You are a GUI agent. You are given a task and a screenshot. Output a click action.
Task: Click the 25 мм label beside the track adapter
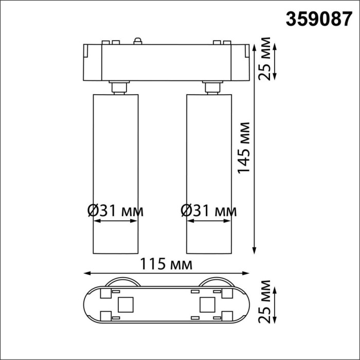click(x=265, y=61)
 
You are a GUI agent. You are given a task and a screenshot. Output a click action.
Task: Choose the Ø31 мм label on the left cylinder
click(x=115, y=210)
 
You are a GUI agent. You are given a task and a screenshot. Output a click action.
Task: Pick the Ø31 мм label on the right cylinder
click(x=209, y=210)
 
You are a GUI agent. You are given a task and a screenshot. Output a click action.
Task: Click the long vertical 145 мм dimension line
click(x=256, y=149)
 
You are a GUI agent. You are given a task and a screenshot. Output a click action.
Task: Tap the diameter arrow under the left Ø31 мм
click(x=115, y=222)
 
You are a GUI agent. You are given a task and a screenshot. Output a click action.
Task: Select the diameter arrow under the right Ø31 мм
click(x=209, y=222)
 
